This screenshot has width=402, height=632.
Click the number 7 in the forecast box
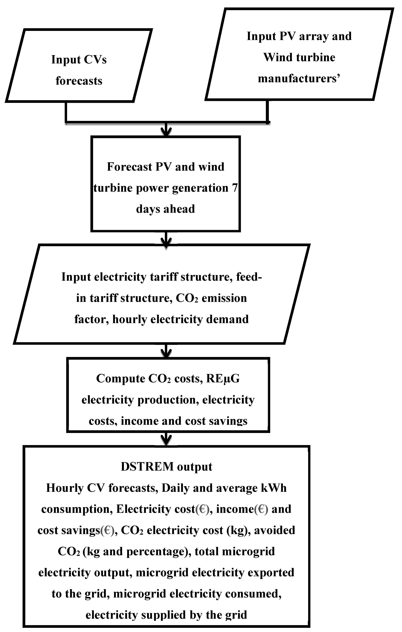[235, 188]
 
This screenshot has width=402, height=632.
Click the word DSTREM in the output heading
[147, 467]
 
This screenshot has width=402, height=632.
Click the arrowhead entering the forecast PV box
[166, 132]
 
